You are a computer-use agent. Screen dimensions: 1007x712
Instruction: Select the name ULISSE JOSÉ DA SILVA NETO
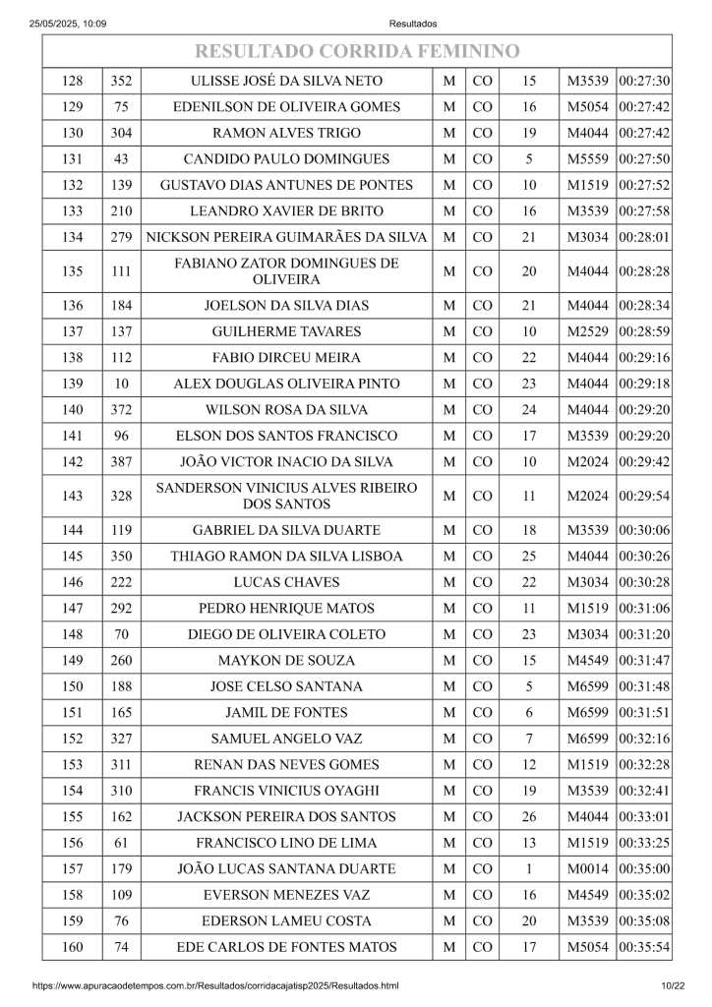click(286, 82)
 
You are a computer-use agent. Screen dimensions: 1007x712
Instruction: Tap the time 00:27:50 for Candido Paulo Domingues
click(644, 158)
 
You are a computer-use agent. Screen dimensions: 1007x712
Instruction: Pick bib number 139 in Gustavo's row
click(122, 184)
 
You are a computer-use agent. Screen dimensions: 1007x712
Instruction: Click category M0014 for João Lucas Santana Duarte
click(589, 869)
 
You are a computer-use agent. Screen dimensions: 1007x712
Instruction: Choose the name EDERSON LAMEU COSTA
click(286, 921)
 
